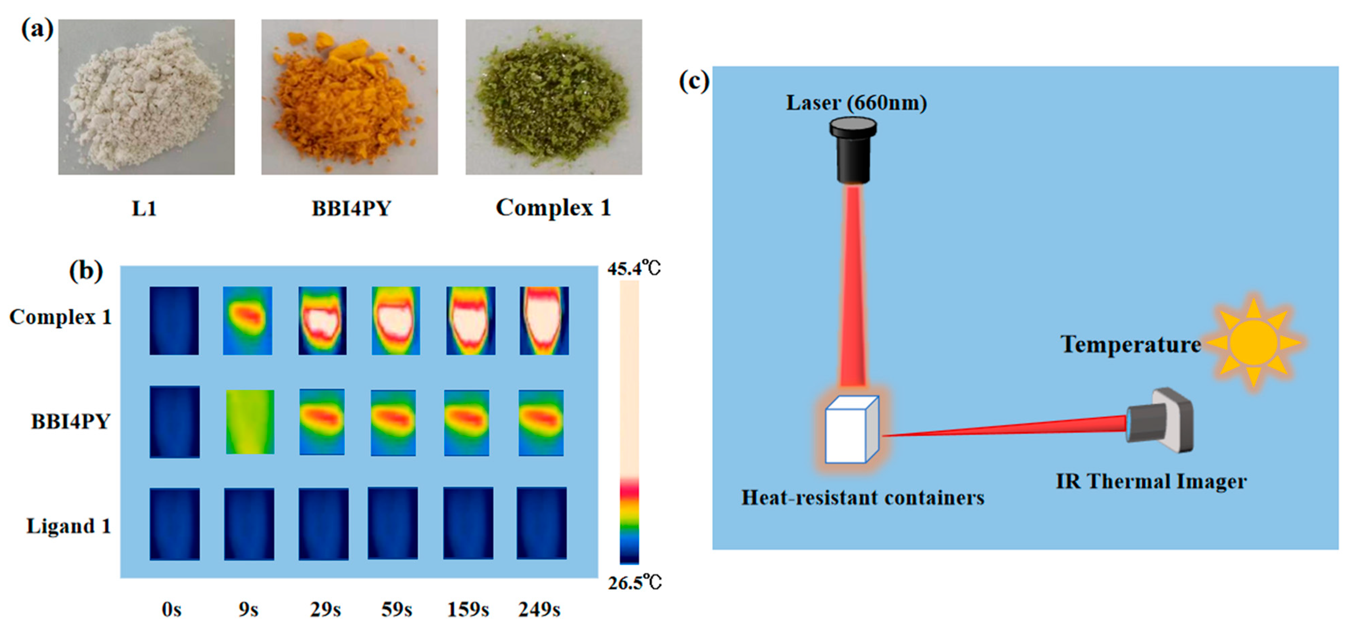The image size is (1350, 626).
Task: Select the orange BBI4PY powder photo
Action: click(x=349, y=97)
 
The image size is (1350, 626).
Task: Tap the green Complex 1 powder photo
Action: click(x=553, y=97)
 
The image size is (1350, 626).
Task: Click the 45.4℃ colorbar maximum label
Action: click(x=633, y=269)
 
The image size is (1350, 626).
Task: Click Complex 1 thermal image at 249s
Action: click(x=544, y=320)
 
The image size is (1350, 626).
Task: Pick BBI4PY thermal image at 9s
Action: click(x=250, y=422)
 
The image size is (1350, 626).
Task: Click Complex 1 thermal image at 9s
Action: click(x=248, y=320)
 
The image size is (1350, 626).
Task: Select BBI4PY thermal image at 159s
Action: click(x=466, y=422)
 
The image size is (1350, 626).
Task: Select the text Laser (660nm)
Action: click(x=856, y=103)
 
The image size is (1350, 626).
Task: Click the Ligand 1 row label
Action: click(x=69, y=526)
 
